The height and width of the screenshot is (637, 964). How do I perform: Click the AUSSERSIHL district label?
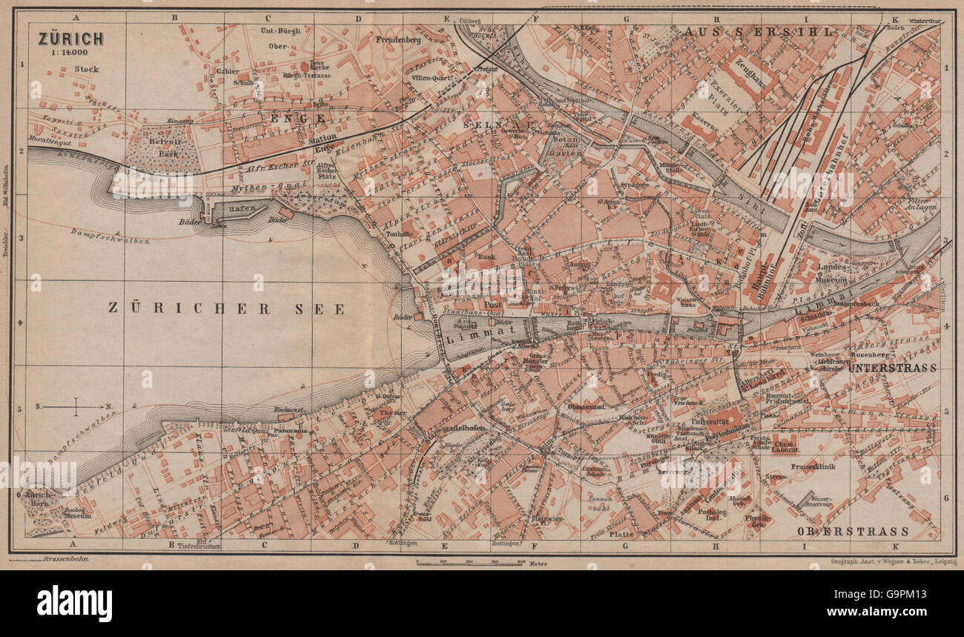[x=761, y=32]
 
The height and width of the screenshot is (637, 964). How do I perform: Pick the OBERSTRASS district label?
[x=852, y=531]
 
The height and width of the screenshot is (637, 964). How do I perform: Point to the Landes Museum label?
[x=832, y=273]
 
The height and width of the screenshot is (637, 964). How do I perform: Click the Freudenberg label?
[x=398, y=39]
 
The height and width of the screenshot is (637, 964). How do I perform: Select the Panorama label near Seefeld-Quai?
[x=290, y=430]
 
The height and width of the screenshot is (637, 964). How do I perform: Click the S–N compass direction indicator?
[x=75, y=406]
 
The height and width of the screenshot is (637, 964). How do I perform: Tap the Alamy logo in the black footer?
[x=75, y=602]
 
